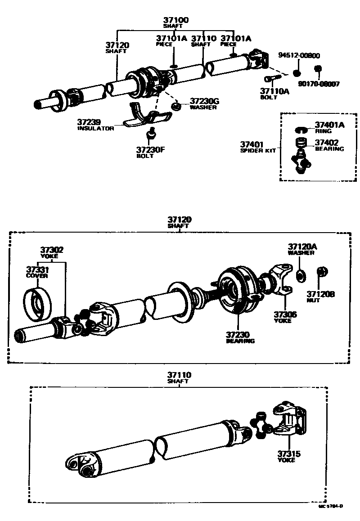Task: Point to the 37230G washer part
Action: point(176,107)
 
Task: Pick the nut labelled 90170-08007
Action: point(317,68)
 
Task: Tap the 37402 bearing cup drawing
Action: point(301,144)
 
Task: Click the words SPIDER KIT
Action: point(258,151)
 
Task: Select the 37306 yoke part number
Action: point(285,315)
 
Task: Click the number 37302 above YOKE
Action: point(51,250)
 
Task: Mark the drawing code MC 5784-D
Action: point(331,506)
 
